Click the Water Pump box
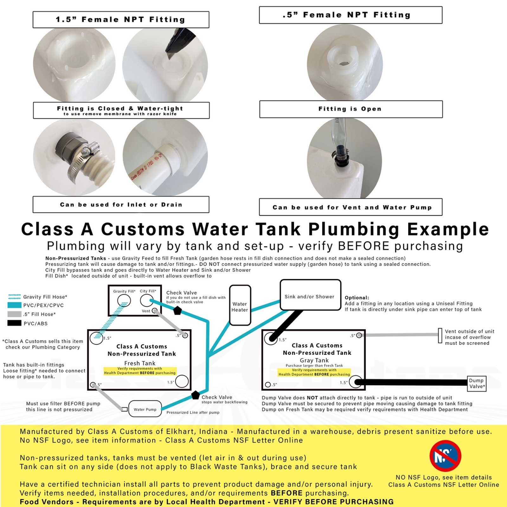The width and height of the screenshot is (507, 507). pos(145,409)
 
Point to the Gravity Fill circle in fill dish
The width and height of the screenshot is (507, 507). pos(124,300)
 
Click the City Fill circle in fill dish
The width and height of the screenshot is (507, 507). pos(146,300)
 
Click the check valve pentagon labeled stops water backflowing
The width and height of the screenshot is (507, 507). pos(196,395)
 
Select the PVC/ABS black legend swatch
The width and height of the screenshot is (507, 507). pos(14,323)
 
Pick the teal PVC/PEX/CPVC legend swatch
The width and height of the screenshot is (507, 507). pos(14,305)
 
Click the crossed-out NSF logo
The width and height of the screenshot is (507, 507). pos(445,456)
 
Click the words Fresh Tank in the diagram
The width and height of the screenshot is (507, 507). pos(140,363)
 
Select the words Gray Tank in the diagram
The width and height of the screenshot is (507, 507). pos(314,360)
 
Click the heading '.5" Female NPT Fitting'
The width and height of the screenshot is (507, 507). pos(350,15)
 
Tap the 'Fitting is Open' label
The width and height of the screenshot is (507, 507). pos(350,109)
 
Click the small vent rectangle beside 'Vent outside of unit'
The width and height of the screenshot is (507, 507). pos(440,336)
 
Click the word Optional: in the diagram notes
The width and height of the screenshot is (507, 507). pos(357,298)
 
